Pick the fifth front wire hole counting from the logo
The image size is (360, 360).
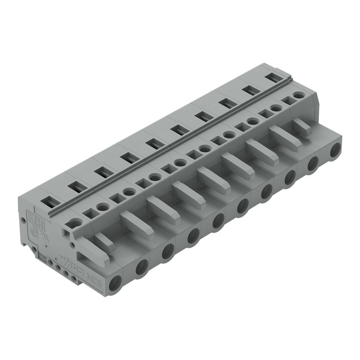point(218,220)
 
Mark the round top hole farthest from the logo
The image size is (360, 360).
point(298,95)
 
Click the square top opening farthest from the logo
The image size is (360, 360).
point(286,101)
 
